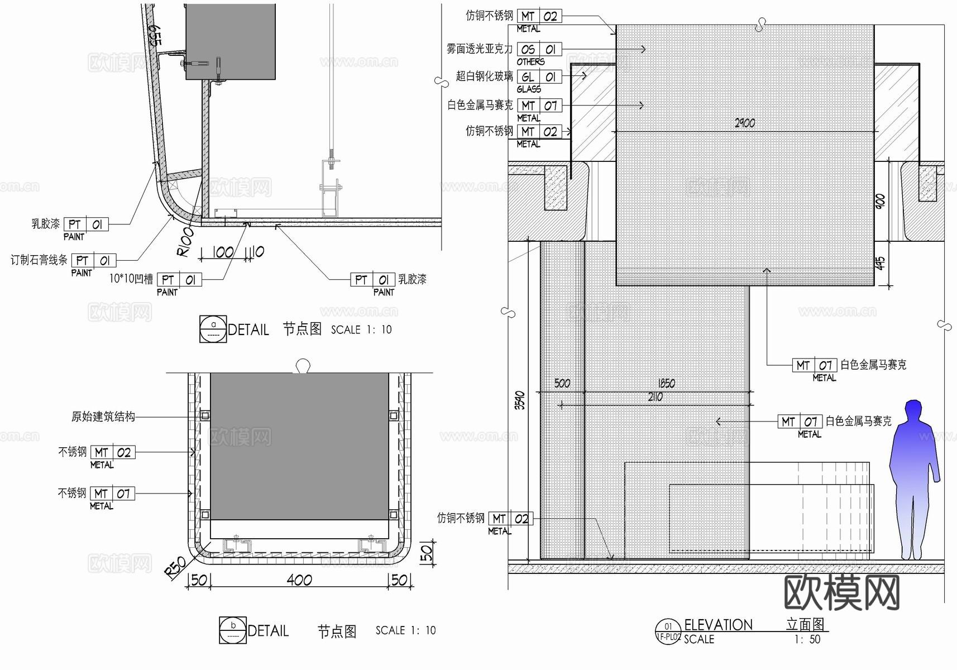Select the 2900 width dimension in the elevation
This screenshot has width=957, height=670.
[745, 123]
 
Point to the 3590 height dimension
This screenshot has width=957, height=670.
[520, 400]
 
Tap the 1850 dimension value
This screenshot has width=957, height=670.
[666, 384]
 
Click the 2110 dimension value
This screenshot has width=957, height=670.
[655, 397]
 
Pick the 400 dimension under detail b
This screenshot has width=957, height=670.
[299, 581]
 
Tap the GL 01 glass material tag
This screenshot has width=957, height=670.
[539, 77]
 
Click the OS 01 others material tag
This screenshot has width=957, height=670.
[539, 50]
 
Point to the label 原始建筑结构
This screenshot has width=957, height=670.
[103, 417]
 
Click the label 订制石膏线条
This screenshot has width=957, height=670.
[39, 260]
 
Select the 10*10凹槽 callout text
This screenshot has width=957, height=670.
[131, 279]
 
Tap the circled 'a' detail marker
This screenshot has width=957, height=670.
[213, 329]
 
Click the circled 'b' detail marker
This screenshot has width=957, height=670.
[233, 630]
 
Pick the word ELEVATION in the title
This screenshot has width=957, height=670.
[718, 625]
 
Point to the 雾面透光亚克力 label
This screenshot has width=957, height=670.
[479, 49]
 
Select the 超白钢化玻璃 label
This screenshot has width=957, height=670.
[484, 76]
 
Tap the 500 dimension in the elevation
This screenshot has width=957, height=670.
[562, 384]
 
